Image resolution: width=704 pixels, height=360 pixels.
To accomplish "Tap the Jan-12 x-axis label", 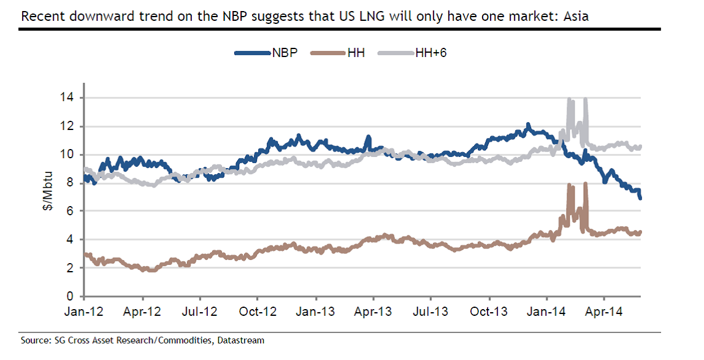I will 84,312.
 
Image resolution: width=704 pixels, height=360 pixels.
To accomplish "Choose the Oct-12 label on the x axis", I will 258,312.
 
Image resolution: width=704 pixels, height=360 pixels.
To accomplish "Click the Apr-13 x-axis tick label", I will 373,312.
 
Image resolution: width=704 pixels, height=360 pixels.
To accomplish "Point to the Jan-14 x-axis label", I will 548,312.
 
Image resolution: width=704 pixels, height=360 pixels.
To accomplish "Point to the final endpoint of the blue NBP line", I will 641,197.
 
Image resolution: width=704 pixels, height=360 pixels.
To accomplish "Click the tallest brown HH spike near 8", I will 586,183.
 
